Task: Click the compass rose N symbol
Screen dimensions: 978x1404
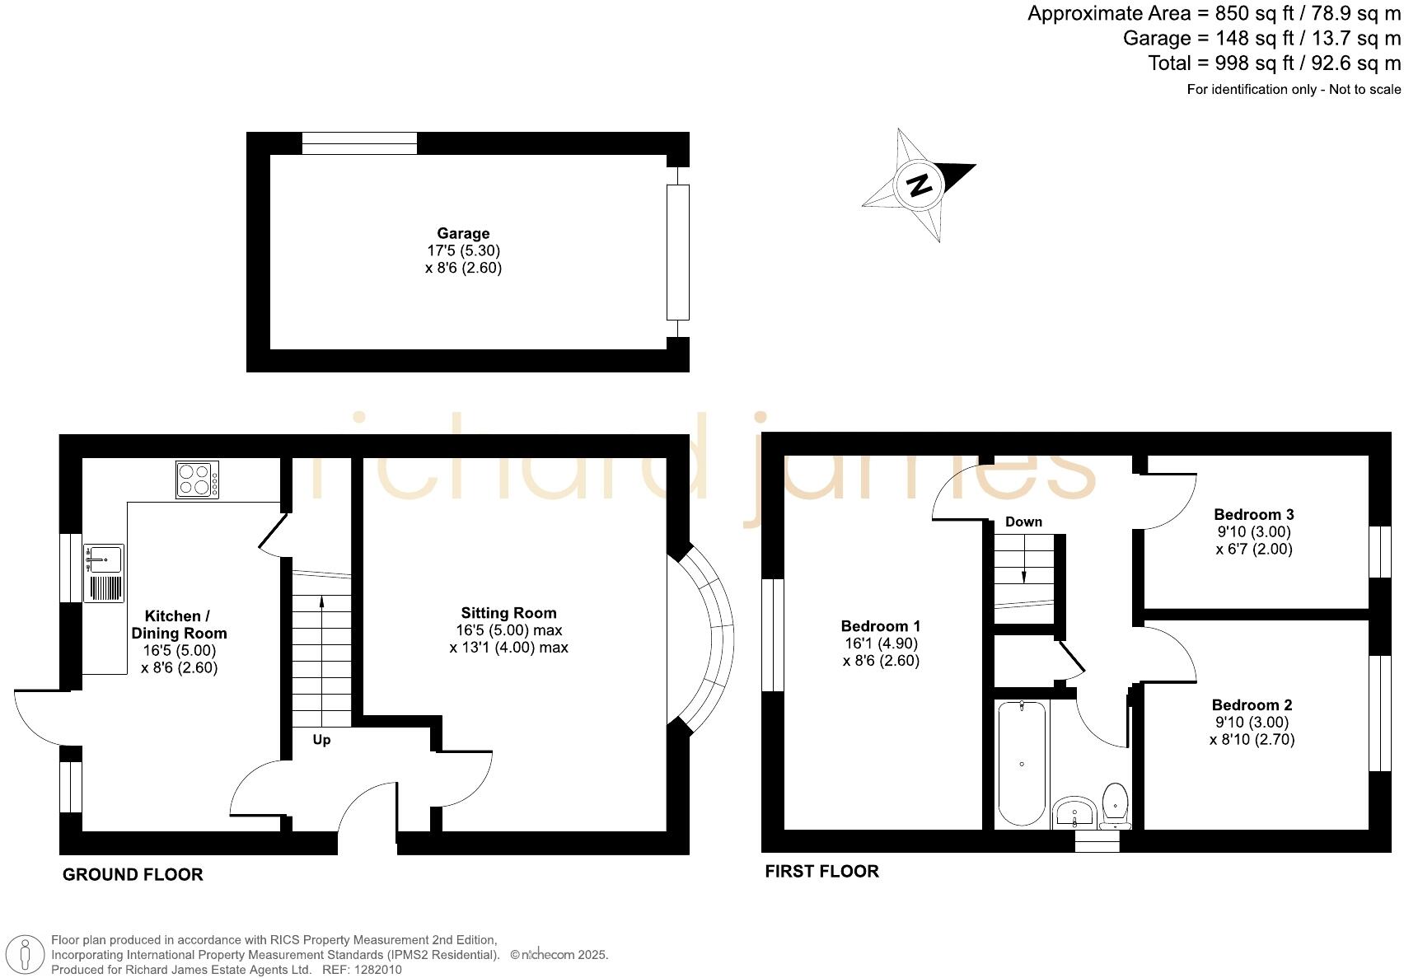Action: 919,184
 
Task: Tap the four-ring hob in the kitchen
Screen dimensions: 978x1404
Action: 198,480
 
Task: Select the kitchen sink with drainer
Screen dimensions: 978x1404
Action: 104,573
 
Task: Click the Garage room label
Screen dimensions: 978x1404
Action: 463,233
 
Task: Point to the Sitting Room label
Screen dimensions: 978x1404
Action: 508,613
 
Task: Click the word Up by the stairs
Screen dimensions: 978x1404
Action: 321,740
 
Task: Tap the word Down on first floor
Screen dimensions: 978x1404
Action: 1023,522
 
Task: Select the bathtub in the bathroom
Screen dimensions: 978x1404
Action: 1022,764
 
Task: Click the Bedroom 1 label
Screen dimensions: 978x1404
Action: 881,626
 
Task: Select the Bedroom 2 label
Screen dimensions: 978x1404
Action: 1252,704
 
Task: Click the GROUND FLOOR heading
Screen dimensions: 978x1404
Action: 133,874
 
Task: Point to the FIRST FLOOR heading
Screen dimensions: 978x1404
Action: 821,871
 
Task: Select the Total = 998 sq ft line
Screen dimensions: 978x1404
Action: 1274,63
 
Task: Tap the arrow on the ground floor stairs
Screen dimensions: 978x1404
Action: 321,602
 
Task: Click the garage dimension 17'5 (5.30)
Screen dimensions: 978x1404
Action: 463,250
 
